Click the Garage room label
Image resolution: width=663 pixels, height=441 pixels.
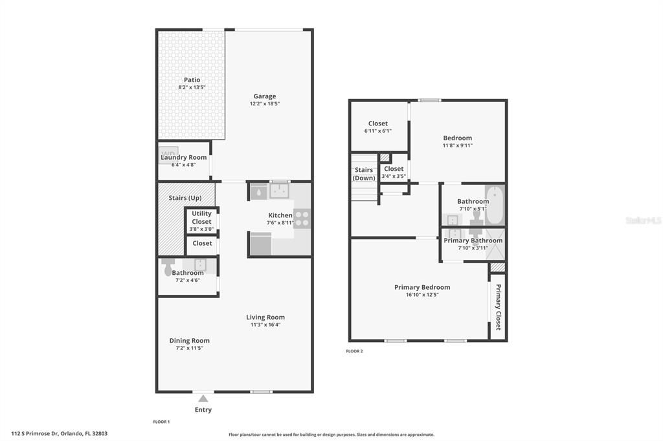tap(264, 96)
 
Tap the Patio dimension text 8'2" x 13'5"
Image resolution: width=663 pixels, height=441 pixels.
tap(192, 87)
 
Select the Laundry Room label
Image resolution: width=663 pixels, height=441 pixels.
tap(184, 157)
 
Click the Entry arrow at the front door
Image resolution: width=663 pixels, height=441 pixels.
tap(203, 398)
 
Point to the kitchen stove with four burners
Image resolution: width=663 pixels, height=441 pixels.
tap(302, 219)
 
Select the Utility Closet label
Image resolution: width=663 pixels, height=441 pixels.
tap(201, 217)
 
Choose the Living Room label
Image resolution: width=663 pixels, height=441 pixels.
tap(265, 317)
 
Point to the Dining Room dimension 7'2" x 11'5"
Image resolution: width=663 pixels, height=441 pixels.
tap(189, 349)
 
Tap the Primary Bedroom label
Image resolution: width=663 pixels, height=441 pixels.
tap(422, 287)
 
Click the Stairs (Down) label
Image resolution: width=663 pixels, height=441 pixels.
tap(364, 174)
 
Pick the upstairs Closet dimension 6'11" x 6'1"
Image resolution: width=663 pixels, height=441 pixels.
tap(377, 131)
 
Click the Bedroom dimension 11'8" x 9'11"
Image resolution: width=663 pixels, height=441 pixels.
tap(457, 145)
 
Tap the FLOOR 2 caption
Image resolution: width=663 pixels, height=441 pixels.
tap(355, 351)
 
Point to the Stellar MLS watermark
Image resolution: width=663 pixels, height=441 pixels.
tap(643, 220)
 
